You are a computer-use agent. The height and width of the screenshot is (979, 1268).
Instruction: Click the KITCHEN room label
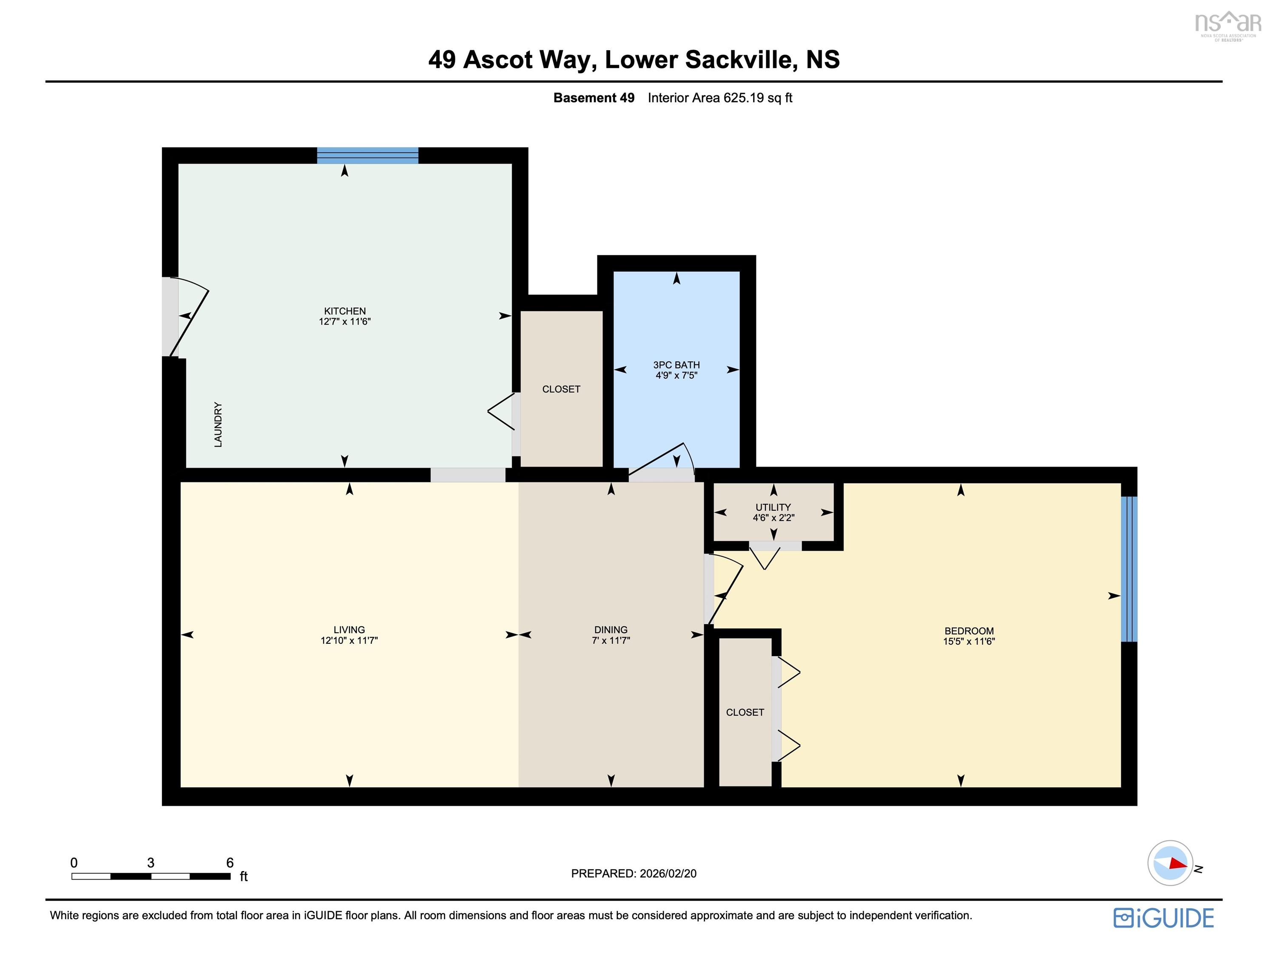pyautogui.click(x=344, y=311)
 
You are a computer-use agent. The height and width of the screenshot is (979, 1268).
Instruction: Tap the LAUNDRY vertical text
pyautogui.click(x=218, y=424)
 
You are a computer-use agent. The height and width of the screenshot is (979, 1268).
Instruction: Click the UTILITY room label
pyautogui.click(x=773, y=507)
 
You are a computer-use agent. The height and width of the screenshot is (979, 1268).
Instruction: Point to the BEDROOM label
pyautogui.click(x=968, y=631)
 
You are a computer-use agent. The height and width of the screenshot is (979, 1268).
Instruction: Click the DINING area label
pyautogui.click(x=610, y=630)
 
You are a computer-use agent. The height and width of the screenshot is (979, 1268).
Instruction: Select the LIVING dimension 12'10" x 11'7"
pyautogui.click(x=349, y=641)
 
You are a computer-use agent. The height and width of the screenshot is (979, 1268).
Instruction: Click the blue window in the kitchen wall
pyautogui.click(x=367, y=156)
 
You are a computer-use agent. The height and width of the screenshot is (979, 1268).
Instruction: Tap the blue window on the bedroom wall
pyautogui.click(x=1128, y=569)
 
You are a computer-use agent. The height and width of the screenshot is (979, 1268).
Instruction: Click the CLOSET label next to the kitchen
pyautogui.click(x=561, y=389)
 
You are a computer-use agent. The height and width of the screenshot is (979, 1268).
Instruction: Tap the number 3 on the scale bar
pyautogui.click(x=151, y=863)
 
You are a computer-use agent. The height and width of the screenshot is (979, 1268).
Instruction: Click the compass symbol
pyautogui.click(x=1170, y=863)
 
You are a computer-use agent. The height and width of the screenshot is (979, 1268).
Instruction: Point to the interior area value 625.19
pyautogui.click(x=743, y=98)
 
